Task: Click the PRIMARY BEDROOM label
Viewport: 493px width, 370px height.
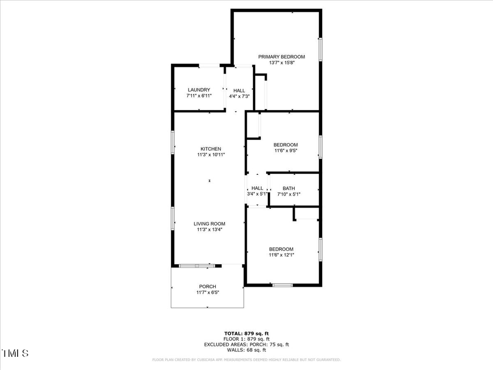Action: coord(282,56)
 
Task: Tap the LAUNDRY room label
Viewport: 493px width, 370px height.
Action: coord(199,90)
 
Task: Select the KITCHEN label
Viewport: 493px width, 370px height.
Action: coord(211,149)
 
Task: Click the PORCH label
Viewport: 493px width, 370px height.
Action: coord(208,287)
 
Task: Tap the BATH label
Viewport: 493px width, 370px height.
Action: coord(289,188)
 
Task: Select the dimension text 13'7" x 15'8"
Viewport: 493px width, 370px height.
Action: coord(282,62)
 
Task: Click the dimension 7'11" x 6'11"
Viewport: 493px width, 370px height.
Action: coord(199,96)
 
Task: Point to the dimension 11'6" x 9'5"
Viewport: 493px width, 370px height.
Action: coord(285,151)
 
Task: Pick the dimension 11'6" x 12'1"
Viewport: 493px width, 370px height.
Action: coord(281,255)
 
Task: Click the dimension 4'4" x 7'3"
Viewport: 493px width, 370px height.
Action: coord(239,96)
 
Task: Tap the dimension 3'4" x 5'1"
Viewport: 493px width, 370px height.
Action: coord(257,194)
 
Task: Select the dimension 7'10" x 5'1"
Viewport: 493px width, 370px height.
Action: coord(289,194)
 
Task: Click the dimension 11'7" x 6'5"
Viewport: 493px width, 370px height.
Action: coord(208,293)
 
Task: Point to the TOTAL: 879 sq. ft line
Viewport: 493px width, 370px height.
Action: coord(246,333)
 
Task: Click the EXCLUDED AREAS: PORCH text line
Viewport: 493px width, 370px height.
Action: coord(246,344)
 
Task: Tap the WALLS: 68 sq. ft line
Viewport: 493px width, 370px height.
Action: coord(246,350)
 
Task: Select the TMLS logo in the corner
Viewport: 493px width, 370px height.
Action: coord(15,353)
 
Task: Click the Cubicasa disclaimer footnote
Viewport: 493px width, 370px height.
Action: coord(246,360)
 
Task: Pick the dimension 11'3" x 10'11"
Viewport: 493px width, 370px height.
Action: coord(211,155)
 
